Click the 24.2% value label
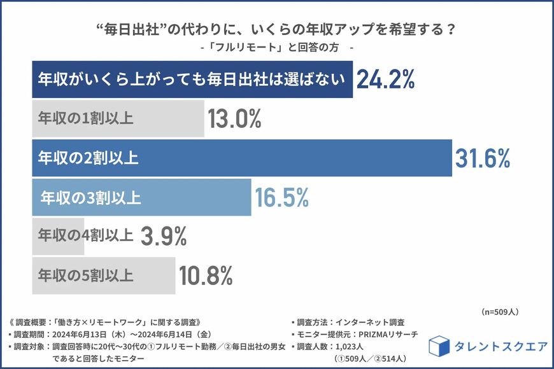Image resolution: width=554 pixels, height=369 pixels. tap(386, 80)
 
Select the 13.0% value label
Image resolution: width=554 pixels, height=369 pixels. tap(234, 119)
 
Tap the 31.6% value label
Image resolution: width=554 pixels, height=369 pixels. tap(483, 158)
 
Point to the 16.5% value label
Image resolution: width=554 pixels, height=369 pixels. tap(281, 197)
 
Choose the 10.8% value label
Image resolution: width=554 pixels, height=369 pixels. tap(205, 276)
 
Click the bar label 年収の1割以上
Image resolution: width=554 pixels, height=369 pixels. tap(86, 118)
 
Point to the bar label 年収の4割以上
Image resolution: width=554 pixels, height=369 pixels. tap(86, 237)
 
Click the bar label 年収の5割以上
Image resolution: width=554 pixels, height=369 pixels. tap(86, 276)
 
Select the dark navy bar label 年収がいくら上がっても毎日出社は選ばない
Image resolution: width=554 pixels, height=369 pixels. tap(192, 80)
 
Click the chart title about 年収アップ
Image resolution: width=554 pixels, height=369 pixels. tap(276, 30)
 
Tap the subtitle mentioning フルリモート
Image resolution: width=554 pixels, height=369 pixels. tap(276, 48)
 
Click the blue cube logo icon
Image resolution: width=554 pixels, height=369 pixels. tap(439, 346)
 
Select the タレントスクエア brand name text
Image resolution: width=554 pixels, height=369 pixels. tap(501, 347)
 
